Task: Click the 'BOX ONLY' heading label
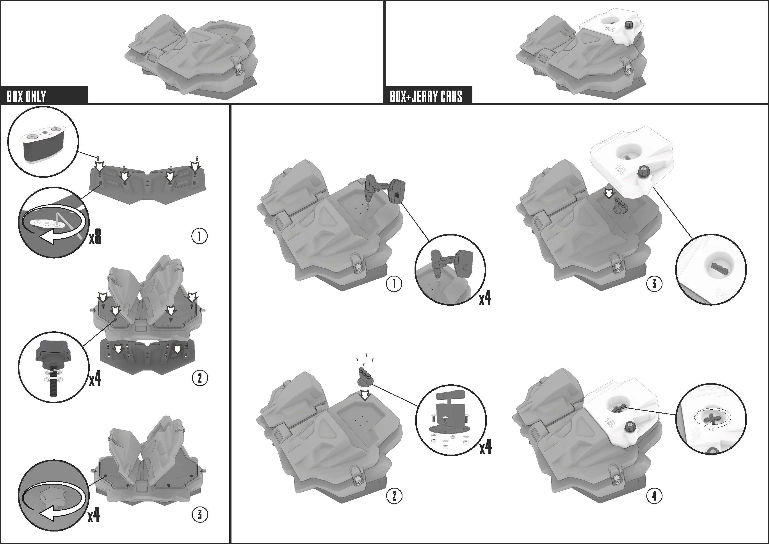coord(27,96)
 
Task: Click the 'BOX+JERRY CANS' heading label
coord(426,96)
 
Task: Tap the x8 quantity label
coord(95,237)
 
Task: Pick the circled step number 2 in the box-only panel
coord(200,378)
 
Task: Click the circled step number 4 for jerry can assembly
coord(654,496)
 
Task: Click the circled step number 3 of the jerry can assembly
coord(654,284)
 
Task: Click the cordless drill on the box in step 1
coord(385,191)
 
